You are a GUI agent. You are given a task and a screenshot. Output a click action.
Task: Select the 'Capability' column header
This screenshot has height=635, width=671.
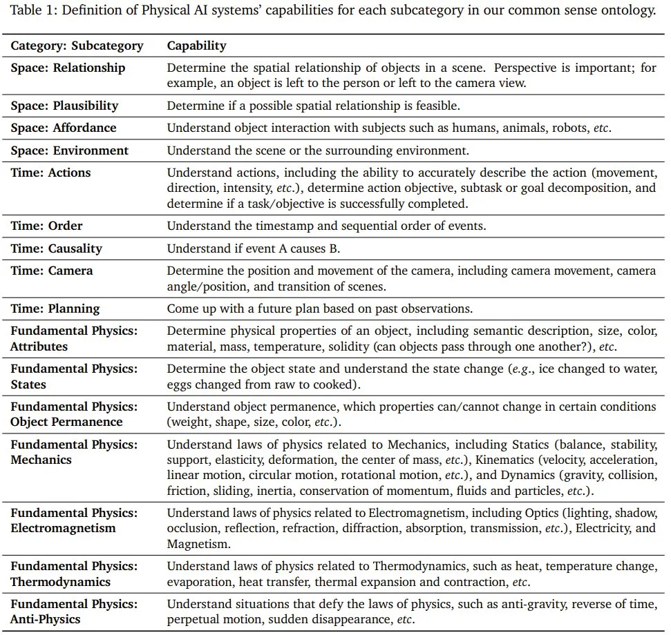[x=196, y=46]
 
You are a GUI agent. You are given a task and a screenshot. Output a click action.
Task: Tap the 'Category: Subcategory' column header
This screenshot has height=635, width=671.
[x=77, y=46]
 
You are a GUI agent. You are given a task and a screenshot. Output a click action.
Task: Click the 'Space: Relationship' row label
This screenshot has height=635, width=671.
[x=68, y=68]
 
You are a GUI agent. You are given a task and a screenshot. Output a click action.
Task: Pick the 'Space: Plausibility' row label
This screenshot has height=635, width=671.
[x=64, y=106]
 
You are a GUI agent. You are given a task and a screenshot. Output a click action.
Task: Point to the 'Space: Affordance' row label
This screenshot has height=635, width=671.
[x=64, y=128]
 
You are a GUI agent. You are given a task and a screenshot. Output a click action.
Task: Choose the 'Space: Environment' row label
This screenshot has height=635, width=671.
[x=69, y=150]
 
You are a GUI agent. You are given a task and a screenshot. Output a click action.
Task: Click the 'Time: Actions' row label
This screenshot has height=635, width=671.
[x=50, y=173]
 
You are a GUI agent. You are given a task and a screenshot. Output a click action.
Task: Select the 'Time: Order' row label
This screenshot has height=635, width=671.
[x=46, y=226]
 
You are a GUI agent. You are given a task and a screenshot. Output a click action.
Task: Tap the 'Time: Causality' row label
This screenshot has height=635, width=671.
[x=56, y=248]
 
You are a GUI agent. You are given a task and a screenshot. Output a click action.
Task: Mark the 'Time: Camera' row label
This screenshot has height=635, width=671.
[x=51, y=271]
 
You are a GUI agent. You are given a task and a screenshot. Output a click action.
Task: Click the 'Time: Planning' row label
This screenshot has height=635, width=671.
[x=55, y=309]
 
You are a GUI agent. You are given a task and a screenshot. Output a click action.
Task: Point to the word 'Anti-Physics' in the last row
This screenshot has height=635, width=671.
[x=45, y=620]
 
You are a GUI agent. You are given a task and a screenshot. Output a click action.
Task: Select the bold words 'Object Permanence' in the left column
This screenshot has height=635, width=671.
[x=66, y=422]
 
